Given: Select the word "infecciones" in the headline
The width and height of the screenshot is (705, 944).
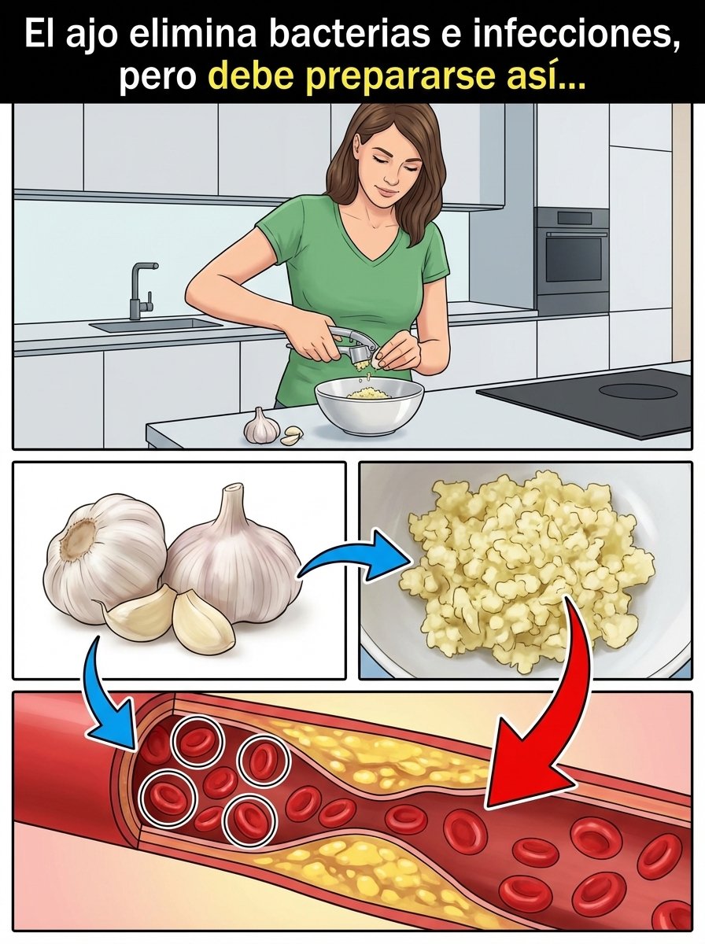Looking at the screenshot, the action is [x=576, y=34].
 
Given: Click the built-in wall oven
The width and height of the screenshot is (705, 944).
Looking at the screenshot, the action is [x=572, y=260].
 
